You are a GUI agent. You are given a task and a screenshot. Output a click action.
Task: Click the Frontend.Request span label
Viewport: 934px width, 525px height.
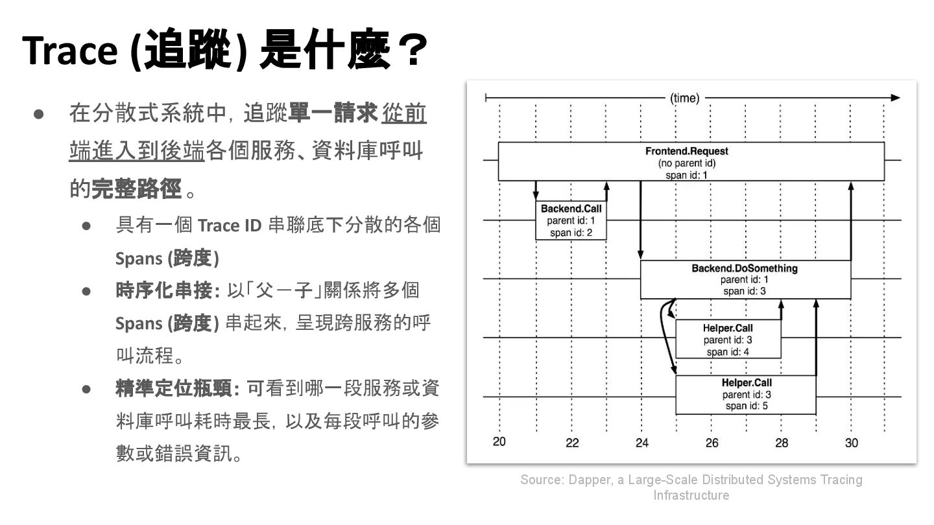pos(686,152)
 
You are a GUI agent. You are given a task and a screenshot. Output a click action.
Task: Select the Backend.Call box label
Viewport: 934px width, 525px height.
pos(571,209)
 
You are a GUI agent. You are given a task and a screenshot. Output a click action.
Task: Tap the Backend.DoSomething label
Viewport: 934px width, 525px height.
pos(745,268)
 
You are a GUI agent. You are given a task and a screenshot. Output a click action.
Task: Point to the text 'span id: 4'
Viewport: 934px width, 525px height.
pos(728,352)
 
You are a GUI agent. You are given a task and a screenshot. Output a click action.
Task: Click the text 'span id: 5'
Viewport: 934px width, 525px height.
pos(747,406)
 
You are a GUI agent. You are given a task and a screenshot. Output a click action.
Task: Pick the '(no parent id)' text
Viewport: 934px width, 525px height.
pos(686,163)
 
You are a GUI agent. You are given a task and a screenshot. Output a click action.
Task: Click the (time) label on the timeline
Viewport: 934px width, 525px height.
pos(685,99)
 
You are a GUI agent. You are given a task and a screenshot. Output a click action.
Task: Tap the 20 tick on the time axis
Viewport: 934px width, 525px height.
pos(499,442)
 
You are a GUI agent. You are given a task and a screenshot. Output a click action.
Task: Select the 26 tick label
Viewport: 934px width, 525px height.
pos(712,443)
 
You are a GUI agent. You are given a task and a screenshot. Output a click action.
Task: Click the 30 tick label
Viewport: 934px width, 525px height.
pos(852,443)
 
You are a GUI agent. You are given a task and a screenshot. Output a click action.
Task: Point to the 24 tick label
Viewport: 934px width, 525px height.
pos(641,443)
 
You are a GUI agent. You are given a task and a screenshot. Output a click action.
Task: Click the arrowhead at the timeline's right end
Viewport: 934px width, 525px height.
pos(895,98)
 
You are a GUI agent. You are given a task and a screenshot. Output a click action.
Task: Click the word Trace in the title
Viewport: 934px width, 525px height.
pos(68,51)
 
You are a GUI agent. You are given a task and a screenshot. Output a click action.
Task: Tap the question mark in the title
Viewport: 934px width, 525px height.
pos(410,51)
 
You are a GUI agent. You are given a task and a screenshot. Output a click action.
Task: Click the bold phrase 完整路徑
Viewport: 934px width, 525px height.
pos(136,189)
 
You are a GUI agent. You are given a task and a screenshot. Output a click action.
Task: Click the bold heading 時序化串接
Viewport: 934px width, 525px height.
pos(165,290)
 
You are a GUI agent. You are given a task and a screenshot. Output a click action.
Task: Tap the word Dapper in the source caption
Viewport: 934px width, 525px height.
pos(588,480)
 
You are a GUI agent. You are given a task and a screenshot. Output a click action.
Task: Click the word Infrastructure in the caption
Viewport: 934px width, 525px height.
pos(691,495)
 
